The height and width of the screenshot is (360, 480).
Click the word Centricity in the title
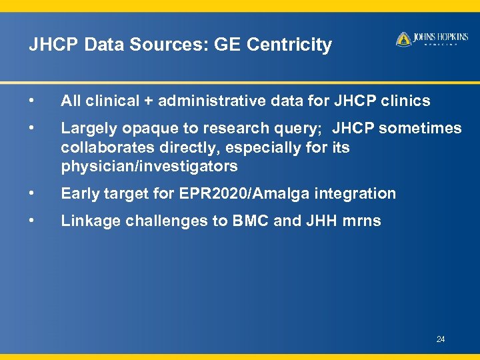point(289,45)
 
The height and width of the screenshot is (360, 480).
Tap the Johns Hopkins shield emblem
point(403,39)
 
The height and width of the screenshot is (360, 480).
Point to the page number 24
point(441,340)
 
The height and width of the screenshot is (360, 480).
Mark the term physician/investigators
point(149,165)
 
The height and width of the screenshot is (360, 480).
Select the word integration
point(357,194)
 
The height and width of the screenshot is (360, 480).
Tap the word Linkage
point(88,221)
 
